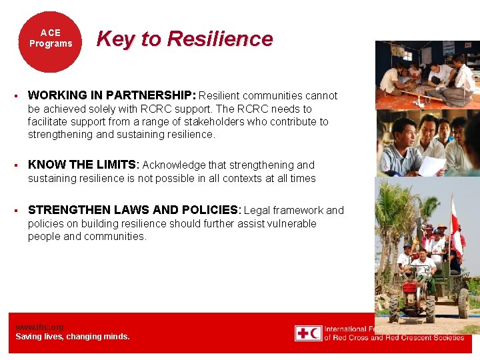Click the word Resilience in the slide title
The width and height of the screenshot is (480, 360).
220,39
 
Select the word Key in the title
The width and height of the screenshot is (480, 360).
115,39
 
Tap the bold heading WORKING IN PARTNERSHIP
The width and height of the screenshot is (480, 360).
112,96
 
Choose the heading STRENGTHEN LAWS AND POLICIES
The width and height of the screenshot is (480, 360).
133,211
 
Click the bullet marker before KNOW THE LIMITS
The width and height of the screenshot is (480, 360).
15,165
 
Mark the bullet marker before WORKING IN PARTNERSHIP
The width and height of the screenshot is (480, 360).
15,96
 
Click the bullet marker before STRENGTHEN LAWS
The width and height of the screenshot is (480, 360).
15,211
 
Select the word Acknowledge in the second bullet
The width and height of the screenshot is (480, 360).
175,165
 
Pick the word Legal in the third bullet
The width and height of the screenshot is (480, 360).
258,211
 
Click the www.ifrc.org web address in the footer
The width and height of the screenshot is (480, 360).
39,327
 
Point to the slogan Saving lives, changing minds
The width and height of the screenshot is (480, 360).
73,337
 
